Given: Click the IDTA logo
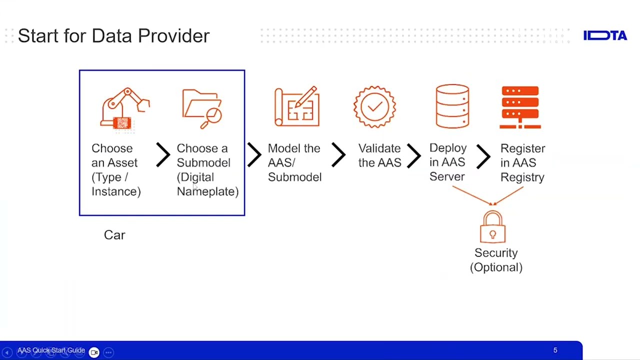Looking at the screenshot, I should pyautogui.click(x=605, y=35).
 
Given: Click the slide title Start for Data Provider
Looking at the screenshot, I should pyautogui.click(x=113, y=36).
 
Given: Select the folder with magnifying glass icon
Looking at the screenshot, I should pyautogui.click(x=202, y=108).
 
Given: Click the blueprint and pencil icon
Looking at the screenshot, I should pyautogui.click(x=296, y=106).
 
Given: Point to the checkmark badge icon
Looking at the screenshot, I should pyautogui.click(x=374, y=106).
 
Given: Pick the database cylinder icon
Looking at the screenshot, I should pyautogui.click(x=452, y=106).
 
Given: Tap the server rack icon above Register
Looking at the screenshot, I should pyautogui.click(x=520, y=107).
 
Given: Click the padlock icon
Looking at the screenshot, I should pyautogui.click(x=492, y=227).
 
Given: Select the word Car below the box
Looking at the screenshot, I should pyautogui.click(x=114, y=235).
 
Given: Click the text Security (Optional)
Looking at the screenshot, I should pyautogui.click(x=496, y=260).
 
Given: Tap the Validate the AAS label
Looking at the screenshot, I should pyautogui.click(x=379, y=155).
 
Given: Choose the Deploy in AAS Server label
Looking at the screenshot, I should pyautogui.click(x=447, y=162).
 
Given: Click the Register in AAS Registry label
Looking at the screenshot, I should pyautogui.click(x=522, y=163).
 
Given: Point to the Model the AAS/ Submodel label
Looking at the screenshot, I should pyautogui.click(x=294, y=163).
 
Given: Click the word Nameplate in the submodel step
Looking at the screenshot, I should pyautogui.click(x=207, y=191).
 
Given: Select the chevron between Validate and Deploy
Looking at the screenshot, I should pyautogui.click(x=413, y=155).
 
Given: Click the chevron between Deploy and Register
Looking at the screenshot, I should pyautogui.click(x=483, y=155).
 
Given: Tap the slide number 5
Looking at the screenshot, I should pyautogui.click(x=555, y=350).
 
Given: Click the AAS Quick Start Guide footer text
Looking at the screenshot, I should pyautogui.click(x=51, y=350).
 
